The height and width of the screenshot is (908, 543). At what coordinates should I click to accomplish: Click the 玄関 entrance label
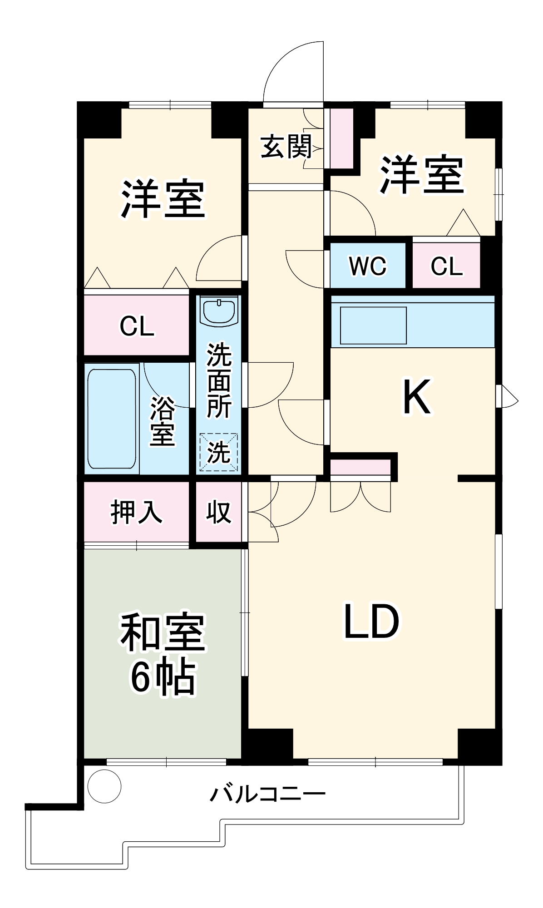click(x=286, y=147)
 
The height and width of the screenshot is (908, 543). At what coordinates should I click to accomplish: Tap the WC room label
click(x=367, y=266)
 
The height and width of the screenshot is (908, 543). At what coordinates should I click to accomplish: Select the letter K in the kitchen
click(x=416, y=398)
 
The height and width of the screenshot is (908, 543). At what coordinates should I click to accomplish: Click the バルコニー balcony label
click(x=267, y=794)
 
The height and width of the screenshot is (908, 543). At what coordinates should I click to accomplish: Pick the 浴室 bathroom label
click(x=162, y=420)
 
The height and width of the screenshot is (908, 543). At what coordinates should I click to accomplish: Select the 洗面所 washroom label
click(x=219, y=380)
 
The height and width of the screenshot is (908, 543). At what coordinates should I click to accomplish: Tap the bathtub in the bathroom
click(x=112, y=419)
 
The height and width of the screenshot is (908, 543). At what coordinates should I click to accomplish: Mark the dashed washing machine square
click(x=219, y=452)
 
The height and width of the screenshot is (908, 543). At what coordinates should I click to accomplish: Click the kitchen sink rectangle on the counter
click(x=373, y=325)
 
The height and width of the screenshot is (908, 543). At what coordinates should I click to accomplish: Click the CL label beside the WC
click(x=447, y=266)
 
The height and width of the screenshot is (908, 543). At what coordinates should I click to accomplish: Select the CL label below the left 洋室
click(x=137, y=326)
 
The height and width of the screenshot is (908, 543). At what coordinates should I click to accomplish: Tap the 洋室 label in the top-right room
click(x=422, y=175)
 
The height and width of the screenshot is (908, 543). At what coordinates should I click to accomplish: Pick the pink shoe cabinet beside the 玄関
click(x=341, y=138)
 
